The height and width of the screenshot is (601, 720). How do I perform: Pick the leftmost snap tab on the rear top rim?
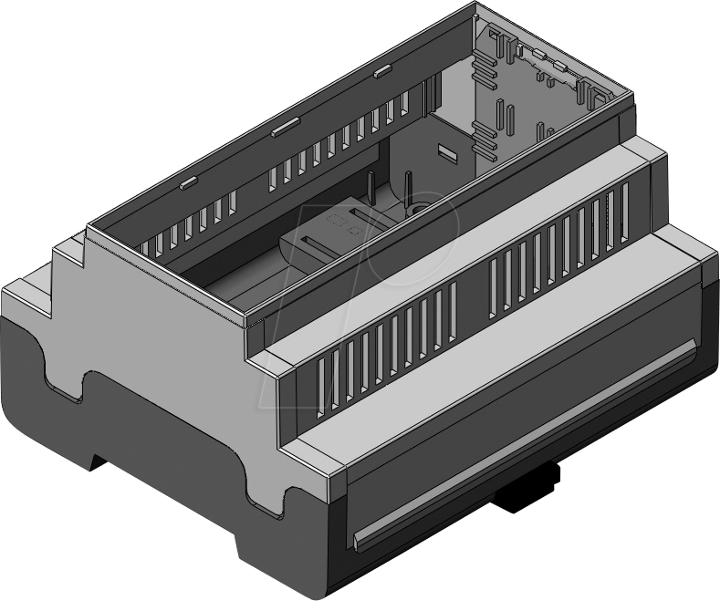coord(187,181)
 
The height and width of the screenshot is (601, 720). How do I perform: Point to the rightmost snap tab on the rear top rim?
coord(382,69)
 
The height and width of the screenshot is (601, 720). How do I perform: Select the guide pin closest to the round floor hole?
coord(406,191)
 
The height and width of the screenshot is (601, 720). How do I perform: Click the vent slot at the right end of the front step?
coord(624,210)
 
